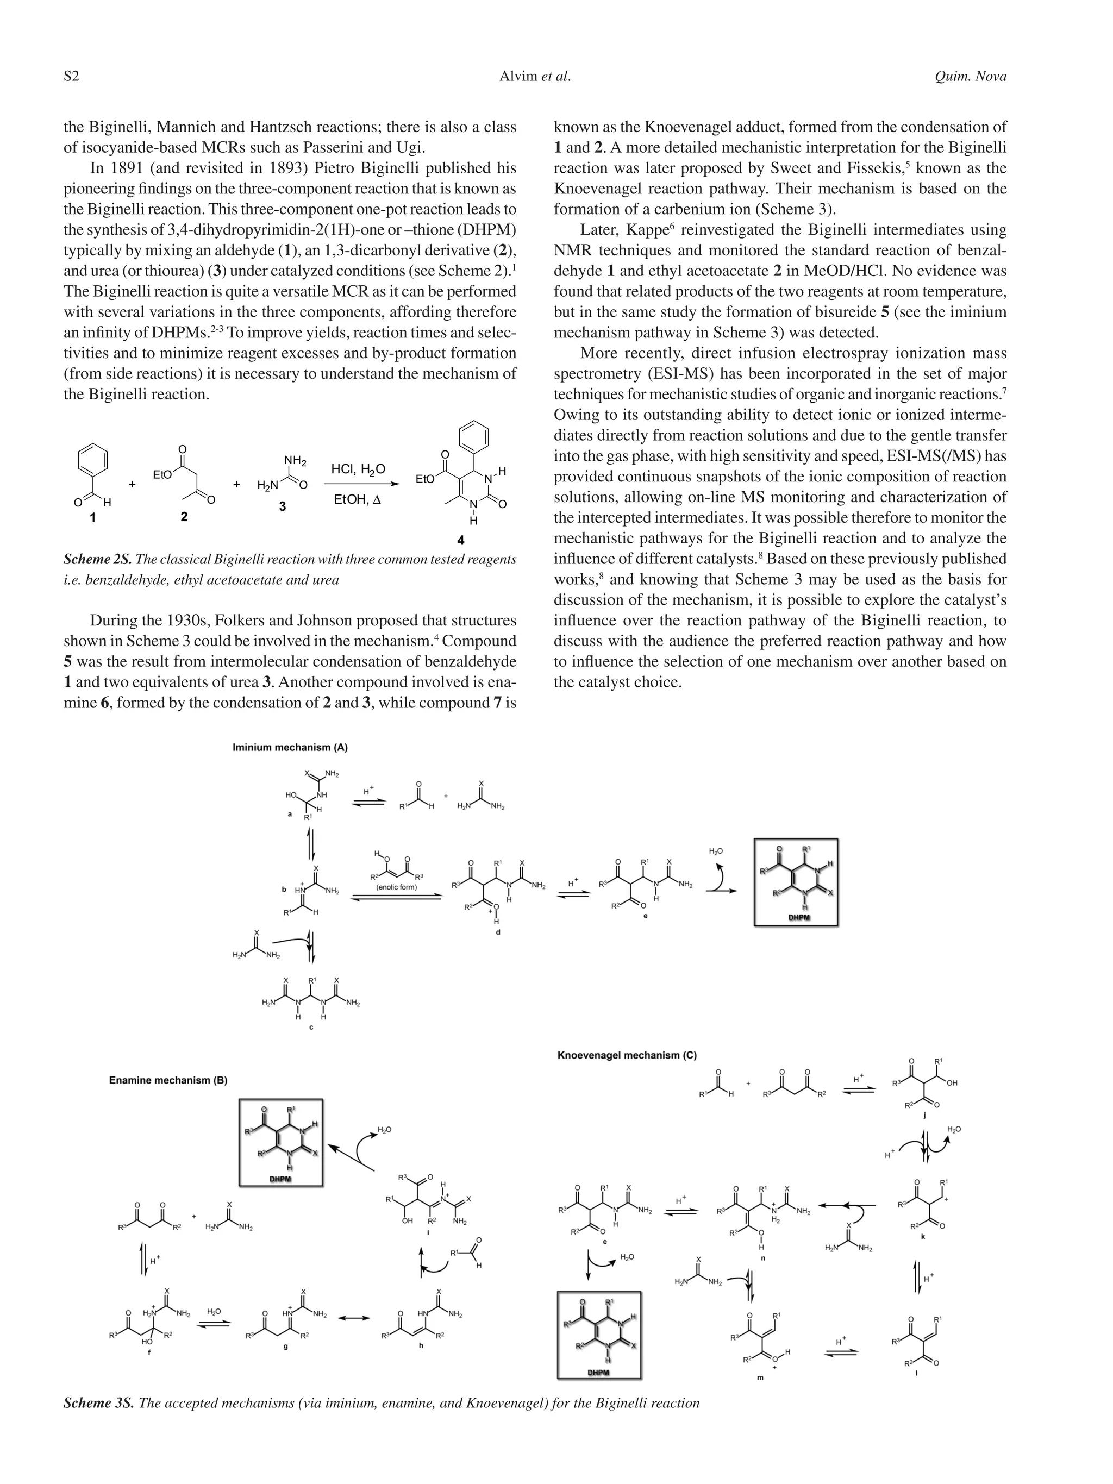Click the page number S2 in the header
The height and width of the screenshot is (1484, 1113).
pyautogui.click(x=71, y=77)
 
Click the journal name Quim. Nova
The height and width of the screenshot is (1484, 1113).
pyautogui.click(x=970, y=77)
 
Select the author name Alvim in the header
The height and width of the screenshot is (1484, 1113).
pyautogui.click(x=517, y=77)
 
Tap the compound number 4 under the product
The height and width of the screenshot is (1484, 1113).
pyautogui.click(x=460, y=540)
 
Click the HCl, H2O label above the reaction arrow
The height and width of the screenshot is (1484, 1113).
pyautogui.click(x=358, y=469)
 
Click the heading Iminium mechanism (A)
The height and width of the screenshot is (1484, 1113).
pyautogui.click(x=290, y=747)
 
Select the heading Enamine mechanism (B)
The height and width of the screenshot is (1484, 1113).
pyautogui.click(x=168, y=1080)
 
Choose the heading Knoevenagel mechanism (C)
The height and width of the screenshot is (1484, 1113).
pyautogui.click(x=627, y=1055)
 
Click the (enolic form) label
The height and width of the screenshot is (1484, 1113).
pyautogui.click(x=397, y=887)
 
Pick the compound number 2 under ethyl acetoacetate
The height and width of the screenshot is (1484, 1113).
pyautogui.click(x=184, y=517)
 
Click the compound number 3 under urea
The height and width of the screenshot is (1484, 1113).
pyautogui.click(x=283, y=506)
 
